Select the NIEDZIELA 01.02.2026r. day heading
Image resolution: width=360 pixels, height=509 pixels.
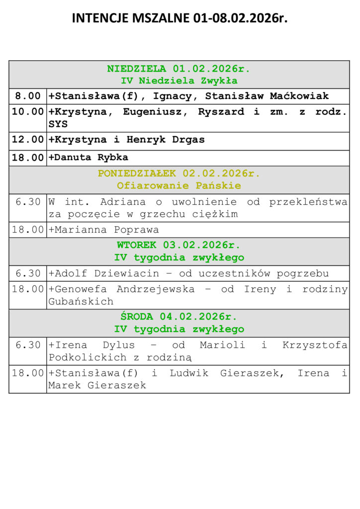click(x=179, y=69)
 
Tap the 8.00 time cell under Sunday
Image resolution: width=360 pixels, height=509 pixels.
click(x=28, y=96)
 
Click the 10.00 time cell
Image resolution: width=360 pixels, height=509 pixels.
click(x=28, y=112)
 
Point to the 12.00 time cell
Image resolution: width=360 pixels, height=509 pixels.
click(x=28, y=140)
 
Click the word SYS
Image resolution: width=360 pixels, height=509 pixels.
click(x=58, y=124)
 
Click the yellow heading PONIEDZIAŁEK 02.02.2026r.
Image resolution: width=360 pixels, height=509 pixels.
click(x=179, y=173)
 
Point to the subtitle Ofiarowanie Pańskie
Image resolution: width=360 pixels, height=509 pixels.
click(x=179, y=186)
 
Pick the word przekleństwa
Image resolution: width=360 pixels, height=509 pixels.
click(x=308, y=202)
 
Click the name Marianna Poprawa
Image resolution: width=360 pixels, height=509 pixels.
click(x=106, y=230)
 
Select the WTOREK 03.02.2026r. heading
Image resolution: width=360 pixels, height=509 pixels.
click(x=179, y=245)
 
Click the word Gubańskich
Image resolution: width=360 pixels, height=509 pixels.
click(x=81, y=301)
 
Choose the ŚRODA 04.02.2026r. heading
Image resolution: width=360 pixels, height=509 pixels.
click(x=179, y=317)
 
